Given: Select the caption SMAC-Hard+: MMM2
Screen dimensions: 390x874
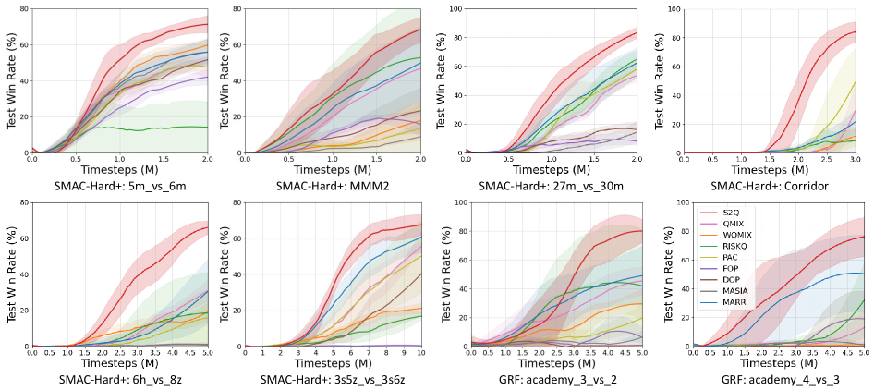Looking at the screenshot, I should [331, 186].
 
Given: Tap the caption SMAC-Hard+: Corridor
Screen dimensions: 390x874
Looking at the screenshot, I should [768, 186].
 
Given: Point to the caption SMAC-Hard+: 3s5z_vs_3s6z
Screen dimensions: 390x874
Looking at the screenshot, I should [331, 380].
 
